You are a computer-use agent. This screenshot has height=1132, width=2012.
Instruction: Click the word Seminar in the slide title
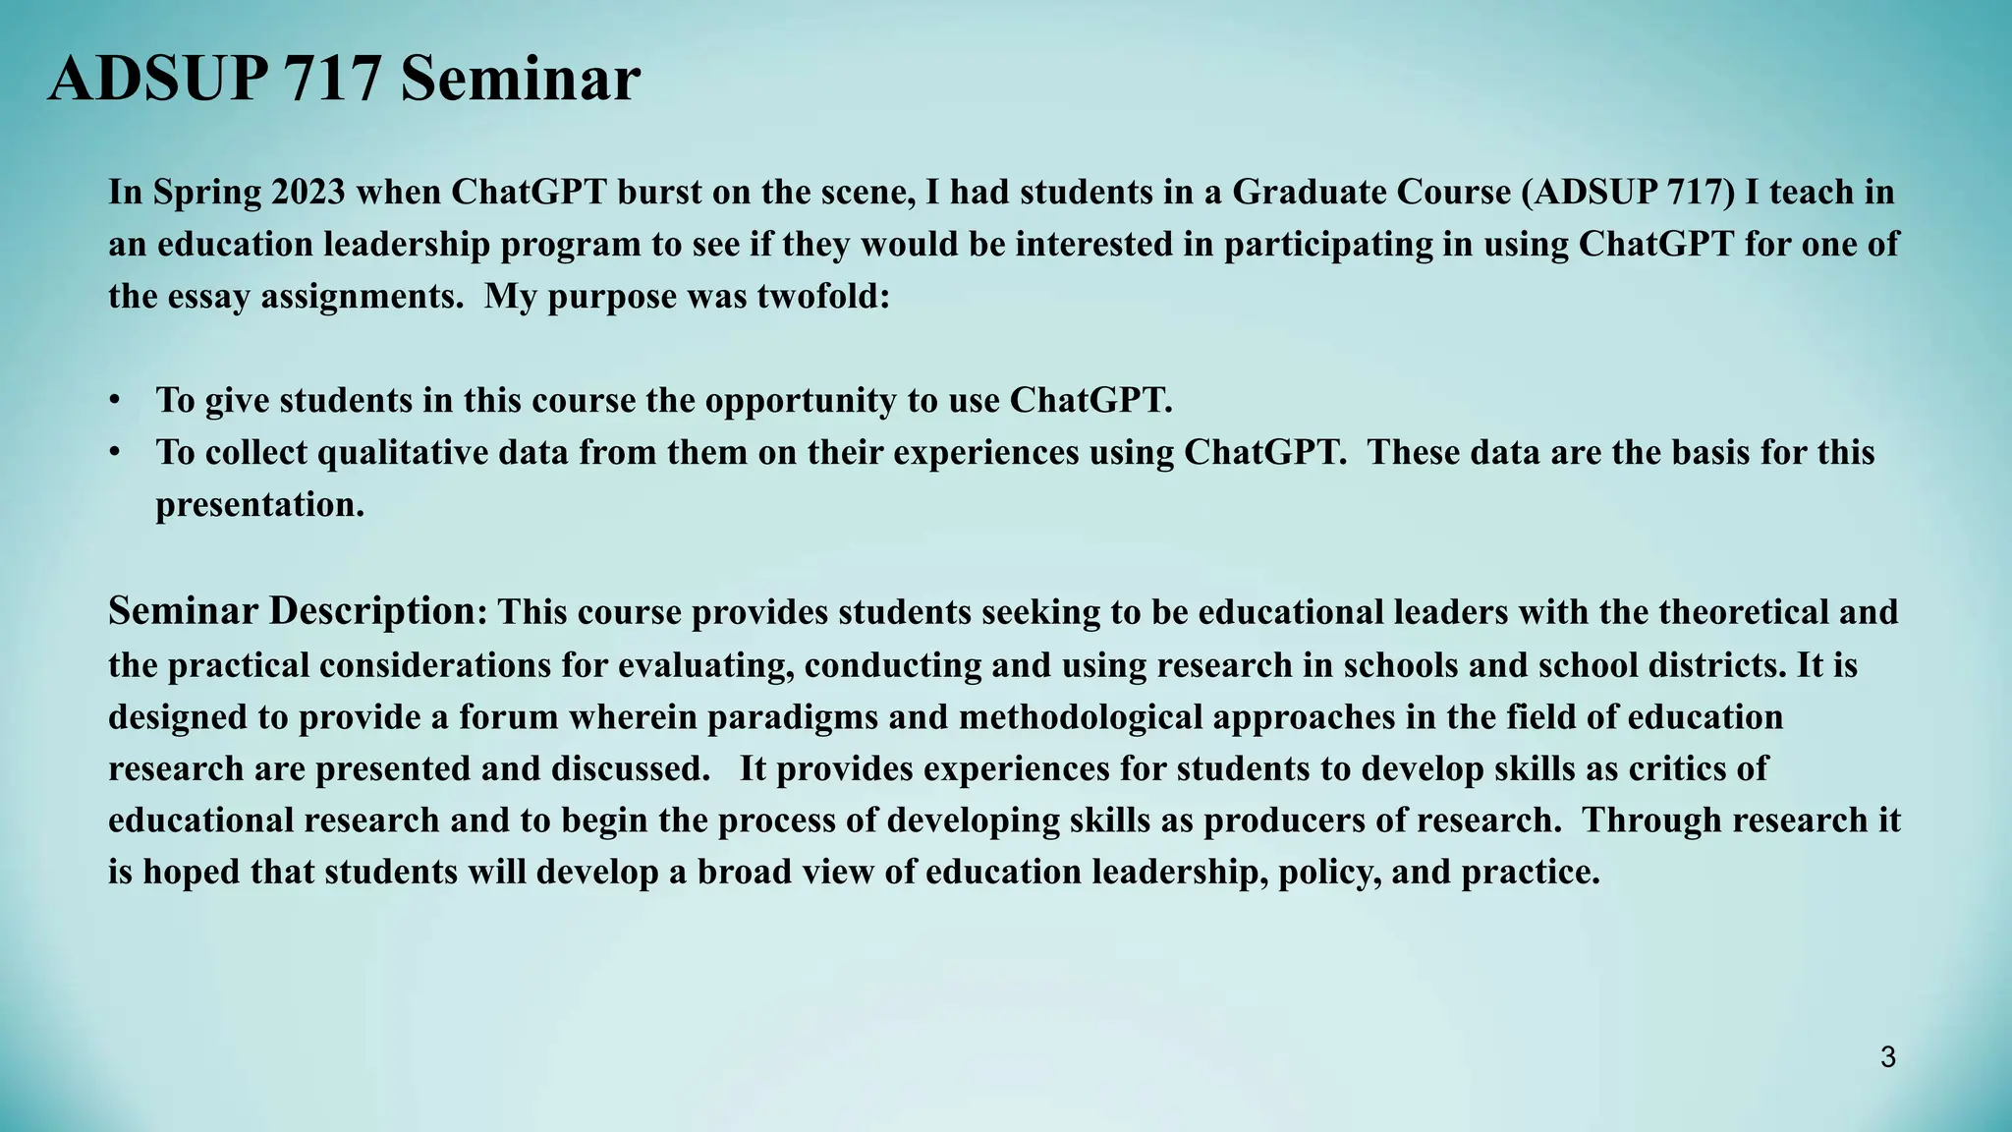[520, 79]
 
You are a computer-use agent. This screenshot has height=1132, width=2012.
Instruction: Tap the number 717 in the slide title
[332, 79]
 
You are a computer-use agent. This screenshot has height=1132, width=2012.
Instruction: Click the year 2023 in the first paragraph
[308, 192]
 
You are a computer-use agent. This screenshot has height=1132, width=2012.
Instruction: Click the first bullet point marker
[116, 401]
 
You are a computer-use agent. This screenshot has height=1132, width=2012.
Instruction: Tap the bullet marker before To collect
[116, 453]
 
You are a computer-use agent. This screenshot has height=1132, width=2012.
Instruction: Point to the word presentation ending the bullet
[258, 505]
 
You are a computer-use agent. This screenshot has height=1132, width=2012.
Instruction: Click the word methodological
[1081, 716]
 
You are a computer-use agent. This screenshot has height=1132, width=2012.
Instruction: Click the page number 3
[1887, 1058]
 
